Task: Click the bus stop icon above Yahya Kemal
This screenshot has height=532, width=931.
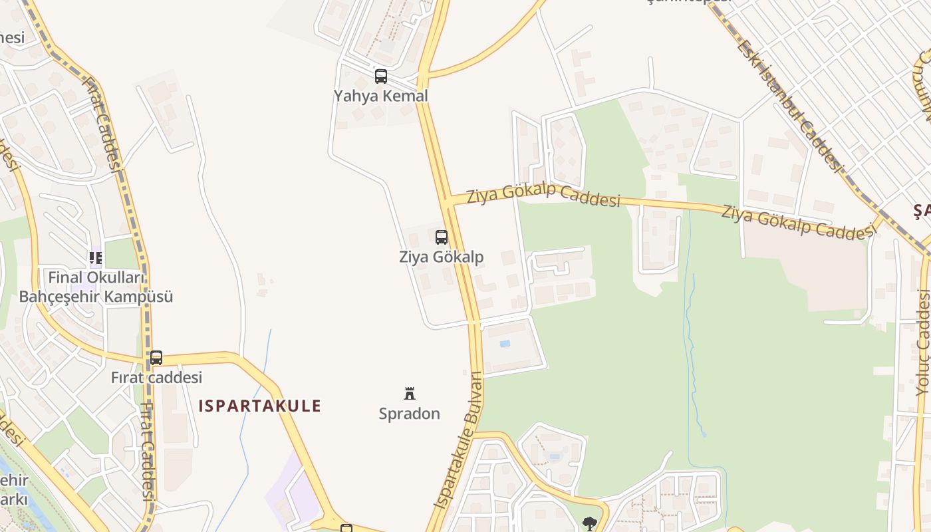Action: pyautogui.click(x=380, y=76)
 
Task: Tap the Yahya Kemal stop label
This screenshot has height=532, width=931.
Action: pyautogui.click(x=380, y=96)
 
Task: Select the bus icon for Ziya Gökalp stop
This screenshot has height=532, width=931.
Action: pyautogui.click(x=441, y=237)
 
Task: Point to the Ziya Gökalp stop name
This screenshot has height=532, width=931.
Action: pyautogui.click(x=441, y=257)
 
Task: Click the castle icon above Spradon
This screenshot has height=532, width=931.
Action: pyautogui.click(x=410, y=394)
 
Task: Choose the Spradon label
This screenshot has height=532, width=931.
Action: pyautogui.click(x=409, y=414)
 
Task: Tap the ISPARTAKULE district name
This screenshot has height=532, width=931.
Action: pyautogui.click(x=260, y=406)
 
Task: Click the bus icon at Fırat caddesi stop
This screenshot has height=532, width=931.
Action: pyautogui.click(x=156, y=358)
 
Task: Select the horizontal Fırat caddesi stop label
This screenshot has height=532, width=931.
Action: pyautogui.click(x=156, y=378)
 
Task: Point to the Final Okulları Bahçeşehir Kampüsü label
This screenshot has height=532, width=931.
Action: pyautogui.click(x=96, y=287)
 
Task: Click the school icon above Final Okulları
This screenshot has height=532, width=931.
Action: pyautogui.click(x=96, y=257)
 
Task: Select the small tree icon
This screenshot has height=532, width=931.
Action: pyautogui.click(x=589, y=523)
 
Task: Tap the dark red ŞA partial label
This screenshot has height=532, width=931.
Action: pyautogui.click(x=922, y=211)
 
